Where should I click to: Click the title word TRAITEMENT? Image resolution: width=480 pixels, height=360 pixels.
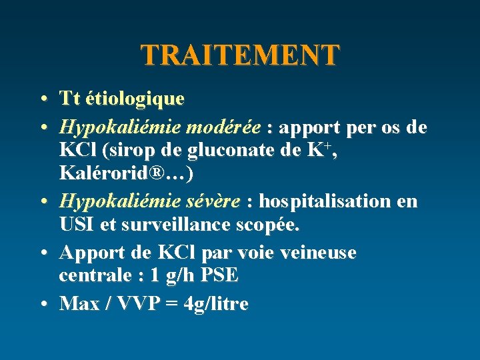[240, 55]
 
